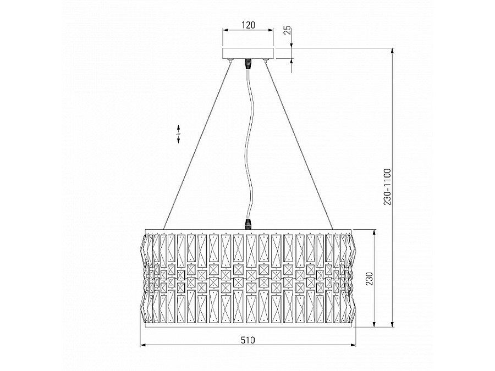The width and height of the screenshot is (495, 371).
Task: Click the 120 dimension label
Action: click(x=248, y=25)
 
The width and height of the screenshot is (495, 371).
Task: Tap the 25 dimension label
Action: click(x=287, y=30)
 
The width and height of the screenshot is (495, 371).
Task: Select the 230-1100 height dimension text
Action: click(x=387, y=187)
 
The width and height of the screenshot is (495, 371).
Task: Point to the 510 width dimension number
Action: click(x=248, y=340)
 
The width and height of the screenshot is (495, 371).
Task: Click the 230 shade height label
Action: click(x=369, y=279)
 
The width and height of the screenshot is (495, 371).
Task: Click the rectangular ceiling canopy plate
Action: click(x=248, y=53)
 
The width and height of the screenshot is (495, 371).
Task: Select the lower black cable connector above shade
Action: click(x=248, y=224)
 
